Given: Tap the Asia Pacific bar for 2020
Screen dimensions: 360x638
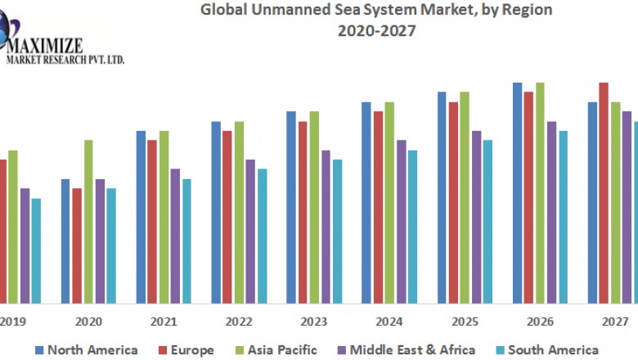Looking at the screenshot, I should click(88, 221).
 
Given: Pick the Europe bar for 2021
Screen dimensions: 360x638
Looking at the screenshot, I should click(152, 221).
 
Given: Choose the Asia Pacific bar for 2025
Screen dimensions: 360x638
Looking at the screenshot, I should click(465, 196).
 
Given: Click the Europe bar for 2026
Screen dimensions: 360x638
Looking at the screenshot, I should click(528, 196).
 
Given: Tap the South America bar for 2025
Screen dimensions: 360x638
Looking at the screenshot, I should click(487, 221).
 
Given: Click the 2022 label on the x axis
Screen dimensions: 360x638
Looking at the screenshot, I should click(239, 322).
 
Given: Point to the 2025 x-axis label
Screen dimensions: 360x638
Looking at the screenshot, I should click(465, 322).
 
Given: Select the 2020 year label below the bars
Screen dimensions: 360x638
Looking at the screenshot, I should click(88, 322).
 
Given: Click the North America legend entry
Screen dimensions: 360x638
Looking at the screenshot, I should click(86, 350).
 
